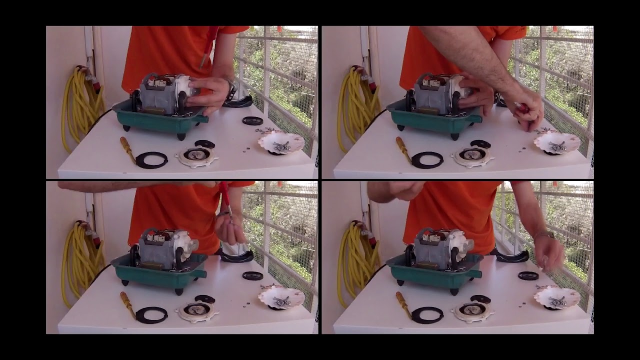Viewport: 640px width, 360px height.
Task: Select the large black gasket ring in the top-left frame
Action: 151,160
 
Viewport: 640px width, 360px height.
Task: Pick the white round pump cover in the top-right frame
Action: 472,156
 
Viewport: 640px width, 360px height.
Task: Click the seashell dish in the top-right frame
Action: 556,142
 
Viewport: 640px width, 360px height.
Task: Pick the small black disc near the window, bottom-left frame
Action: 252,275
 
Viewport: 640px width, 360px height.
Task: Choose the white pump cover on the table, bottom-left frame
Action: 196,312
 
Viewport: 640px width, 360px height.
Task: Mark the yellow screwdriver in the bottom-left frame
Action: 127,303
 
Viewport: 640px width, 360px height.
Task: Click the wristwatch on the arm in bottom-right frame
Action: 545,234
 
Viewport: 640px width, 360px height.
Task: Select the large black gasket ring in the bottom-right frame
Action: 427,314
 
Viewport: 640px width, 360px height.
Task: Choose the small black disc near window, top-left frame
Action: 252,120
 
